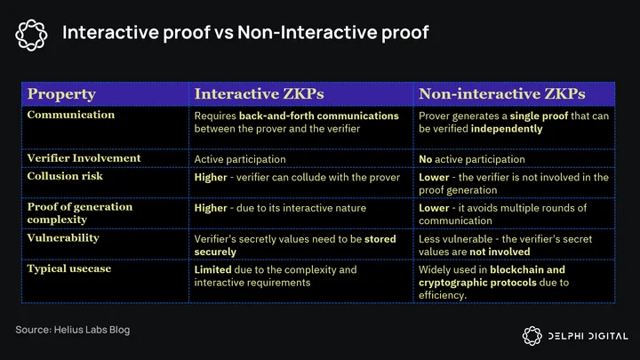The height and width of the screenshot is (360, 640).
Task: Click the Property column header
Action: (x=61, y=94)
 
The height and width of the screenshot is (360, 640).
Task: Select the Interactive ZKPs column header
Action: (x=259, y=94)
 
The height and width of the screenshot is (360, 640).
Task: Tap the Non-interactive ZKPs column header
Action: (x=501, y=94)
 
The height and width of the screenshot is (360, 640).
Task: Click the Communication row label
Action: (x=70, y=115)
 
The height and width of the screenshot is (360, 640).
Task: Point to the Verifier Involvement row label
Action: (x=84, y=158)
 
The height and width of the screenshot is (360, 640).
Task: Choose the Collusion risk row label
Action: (x=65, y=176)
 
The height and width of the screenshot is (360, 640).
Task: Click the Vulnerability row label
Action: (x=63, y=238)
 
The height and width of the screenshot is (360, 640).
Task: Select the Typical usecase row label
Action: (x=69, y=268)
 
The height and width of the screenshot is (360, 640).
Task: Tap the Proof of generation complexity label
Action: (x=80, y=213)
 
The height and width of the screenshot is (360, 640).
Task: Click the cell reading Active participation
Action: (x=240, y=159)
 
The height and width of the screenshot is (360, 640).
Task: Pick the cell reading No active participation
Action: (x=471, y=159)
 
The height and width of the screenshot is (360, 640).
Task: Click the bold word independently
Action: (x=507, y=129)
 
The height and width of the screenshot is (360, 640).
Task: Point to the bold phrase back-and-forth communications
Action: (x=319, y=116)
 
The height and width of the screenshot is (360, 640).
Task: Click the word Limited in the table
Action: (x=212, y=270)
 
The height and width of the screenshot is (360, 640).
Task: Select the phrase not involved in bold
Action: (x=500, y=252)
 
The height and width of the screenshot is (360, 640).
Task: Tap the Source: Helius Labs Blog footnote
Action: (x=73, y=330)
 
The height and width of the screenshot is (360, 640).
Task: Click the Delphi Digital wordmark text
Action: (x=588, y=336)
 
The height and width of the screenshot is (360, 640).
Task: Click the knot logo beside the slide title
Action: (x=31, y=35)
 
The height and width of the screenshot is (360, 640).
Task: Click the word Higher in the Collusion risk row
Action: (x=210, y=178)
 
